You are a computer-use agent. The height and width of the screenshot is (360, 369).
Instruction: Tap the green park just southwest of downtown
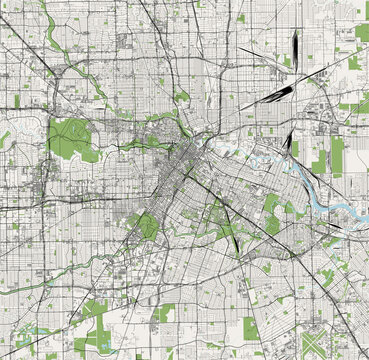click(x=145, y=224)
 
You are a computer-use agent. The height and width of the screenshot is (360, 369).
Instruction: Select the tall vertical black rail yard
click(x=296, y=47)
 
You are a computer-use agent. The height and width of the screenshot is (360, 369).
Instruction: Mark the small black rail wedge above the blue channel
click(x=287, y=141)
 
